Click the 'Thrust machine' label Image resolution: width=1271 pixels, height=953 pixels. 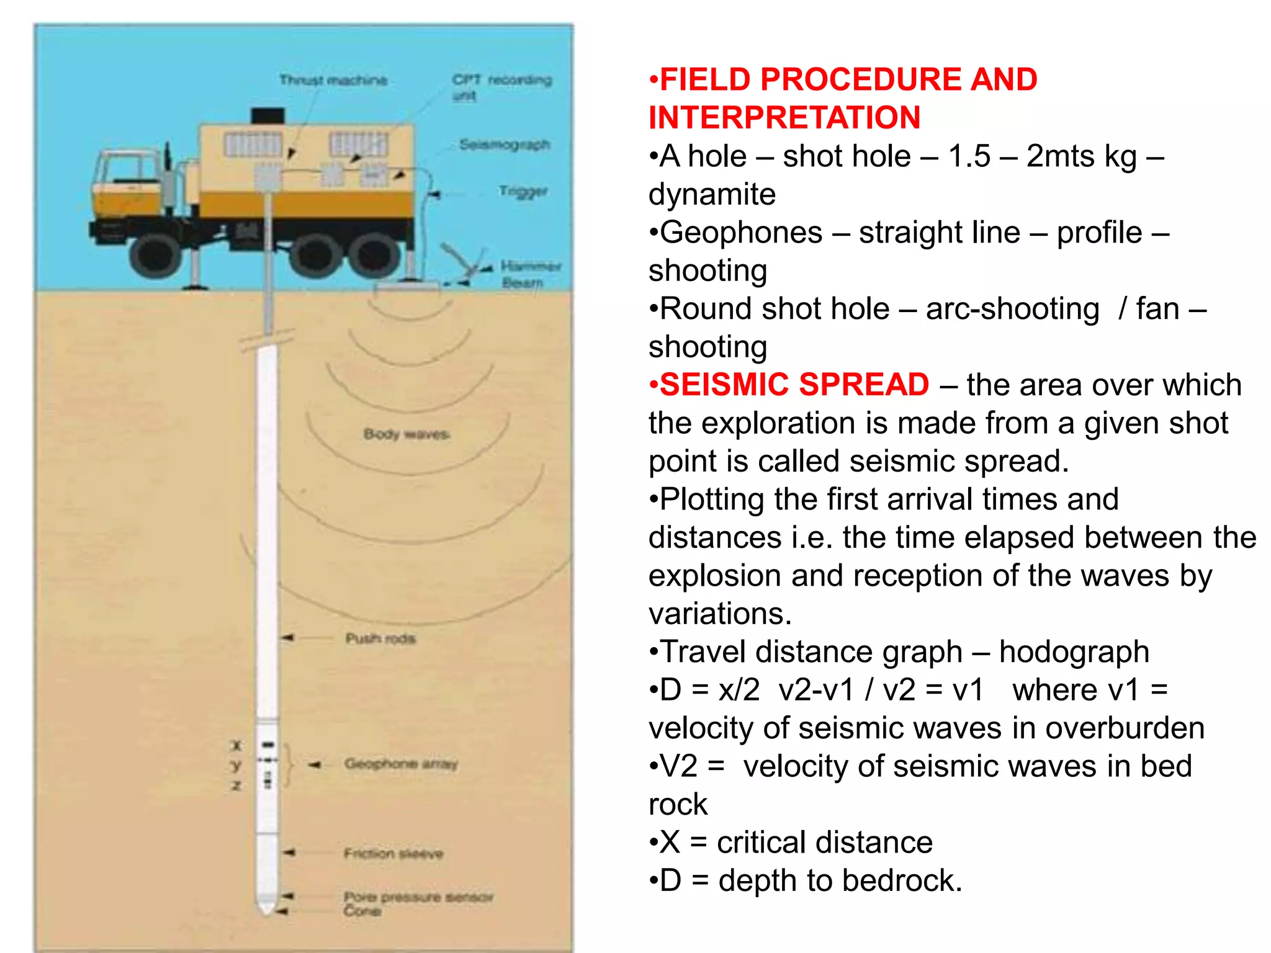click(333, 80)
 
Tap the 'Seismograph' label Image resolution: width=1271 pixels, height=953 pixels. click(505, 145)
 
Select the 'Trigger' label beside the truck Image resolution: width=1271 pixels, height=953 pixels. click(523, 191)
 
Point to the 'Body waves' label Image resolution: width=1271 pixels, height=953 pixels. click(406, 434)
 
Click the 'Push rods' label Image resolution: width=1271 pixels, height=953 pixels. click(380, 638)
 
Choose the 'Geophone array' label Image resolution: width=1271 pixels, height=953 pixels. click(401, 764)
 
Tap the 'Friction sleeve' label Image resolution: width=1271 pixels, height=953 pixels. click(393, 854)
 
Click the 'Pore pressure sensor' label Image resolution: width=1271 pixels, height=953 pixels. click(418, 897)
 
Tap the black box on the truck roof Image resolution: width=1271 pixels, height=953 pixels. click(268, 116)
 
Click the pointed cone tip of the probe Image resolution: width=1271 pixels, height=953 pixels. click(267, 909)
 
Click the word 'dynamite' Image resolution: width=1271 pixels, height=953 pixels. click(712, 195)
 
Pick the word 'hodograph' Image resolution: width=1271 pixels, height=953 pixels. click(1074, 652)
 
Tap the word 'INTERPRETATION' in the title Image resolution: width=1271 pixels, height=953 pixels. click(784, 118)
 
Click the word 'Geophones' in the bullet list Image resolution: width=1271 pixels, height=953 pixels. click(741, 233)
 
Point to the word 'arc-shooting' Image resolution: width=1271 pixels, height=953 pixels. click(1012, 309)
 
